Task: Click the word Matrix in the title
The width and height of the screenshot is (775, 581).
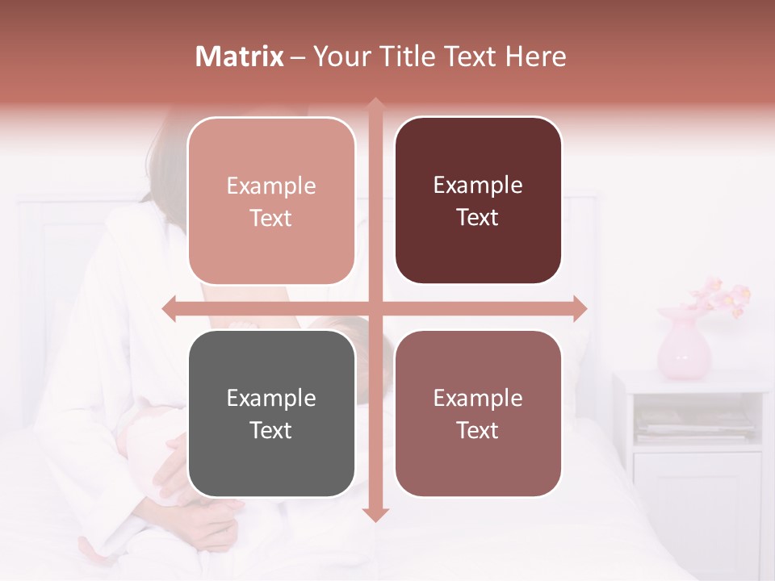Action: (x=240, y=56)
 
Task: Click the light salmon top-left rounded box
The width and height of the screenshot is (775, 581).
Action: (x=271, y=201)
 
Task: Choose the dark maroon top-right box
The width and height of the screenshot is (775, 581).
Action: (x=478, y=201)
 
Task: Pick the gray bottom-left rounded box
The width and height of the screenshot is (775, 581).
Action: (x=271, y=413)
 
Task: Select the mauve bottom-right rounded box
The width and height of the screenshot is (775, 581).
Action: (x=478, y=413)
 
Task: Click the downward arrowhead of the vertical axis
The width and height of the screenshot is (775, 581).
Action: (x=375, y=514)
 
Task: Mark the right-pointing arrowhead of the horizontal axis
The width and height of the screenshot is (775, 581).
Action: (x=580, y=308)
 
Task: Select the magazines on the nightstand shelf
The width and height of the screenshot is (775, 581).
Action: (x=694, y=423)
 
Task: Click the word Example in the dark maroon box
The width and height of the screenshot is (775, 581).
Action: (x=478, y=185)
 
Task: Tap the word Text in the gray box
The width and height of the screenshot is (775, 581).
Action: (x=270, y=430)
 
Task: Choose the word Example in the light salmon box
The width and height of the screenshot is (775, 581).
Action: (x=271, y=186)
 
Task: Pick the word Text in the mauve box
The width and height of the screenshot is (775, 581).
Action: (x=477, y=430)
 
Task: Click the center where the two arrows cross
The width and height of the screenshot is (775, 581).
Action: (x=375, y=308)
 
